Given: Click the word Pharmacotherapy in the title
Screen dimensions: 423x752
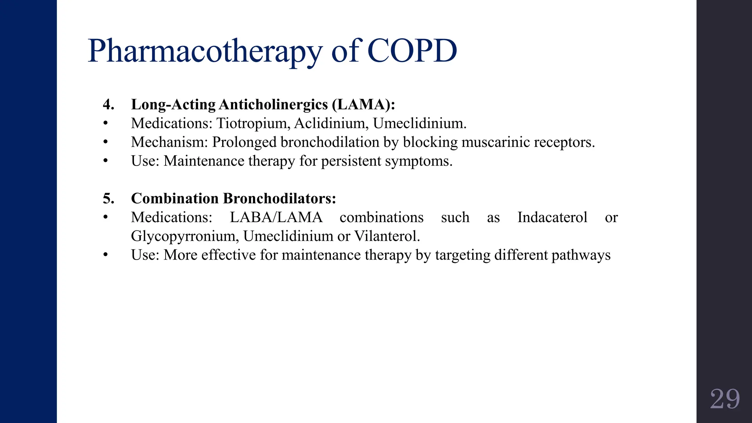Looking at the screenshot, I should pos(205,51).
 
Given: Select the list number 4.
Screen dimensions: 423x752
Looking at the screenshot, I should pos(108,105).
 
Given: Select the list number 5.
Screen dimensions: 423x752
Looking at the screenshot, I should pos(108,199).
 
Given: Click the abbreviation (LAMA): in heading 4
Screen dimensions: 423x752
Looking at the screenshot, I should pos(363,105).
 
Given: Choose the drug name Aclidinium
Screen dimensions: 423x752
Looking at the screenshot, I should pos(331,123).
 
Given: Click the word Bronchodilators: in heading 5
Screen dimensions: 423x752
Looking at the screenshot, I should pos(279,199).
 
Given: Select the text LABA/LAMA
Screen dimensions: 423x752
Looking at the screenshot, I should pos(276,217).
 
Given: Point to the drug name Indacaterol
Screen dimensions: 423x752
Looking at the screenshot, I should pos(552,217).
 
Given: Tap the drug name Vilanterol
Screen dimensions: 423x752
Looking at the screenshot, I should pos(387,236).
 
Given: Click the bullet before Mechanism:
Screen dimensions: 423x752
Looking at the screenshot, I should pos(106,142).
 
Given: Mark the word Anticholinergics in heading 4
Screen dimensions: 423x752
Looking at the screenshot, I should pos(273,105).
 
